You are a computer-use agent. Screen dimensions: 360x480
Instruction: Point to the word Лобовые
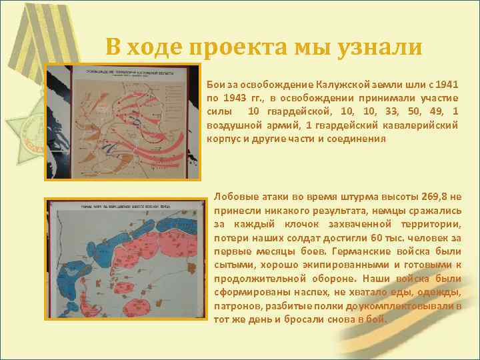point(235,197)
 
